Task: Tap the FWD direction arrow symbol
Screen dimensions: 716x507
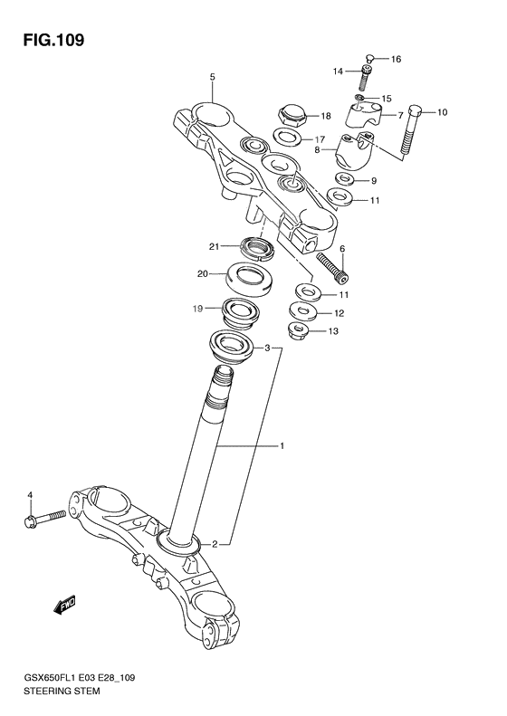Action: coord(63,605)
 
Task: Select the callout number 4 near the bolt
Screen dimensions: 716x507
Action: coord(29,494)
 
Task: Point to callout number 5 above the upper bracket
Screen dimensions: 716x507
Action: coord(212,78)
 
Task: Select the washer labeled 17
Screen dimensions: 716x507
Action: coord(288,138)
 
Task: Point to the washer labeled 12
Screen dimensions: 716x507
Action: coord(303,312)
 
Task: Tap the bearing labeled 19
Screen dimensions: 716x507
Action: coord(241,313)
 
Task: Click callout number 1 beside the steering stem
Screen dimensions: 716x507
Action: coord(282,446)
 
